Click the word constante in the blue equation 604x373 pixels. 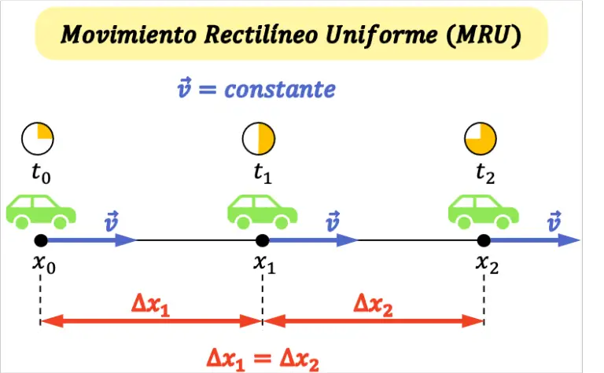(279, 89)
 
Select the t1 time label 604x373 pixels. (262, 174)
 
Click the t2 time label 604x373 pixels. (484, 174)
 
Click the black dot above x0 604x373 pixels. (41, 240)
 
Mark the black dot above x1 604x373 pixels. (263, 240)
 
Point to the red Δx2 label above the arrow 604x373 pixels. (373, 305)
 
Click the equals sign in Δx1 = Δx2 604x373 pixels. (263, 357)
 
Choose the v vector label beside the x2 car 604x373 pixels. (556, 222)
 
